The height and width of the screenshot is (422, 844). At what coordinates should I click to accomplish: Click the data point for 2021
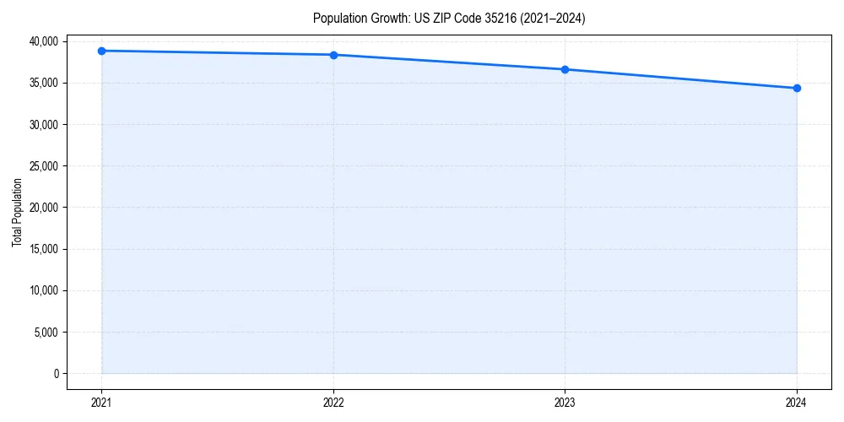coord(101,51)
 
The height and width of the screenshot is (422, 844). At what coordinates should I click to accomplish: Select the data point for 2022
coord(333,55)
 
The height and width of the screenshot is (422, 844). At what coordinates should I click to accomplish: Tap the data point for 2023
coord(565,69)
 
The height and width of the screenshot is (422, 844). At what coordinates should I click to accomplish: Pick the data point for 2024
coord(797,88)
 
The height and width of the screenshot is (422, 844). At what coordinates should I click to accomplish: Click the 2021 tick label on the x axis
coord(101,403)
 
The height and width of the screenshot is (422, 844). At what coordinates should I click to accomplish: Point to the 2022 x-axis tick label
coord(333,403)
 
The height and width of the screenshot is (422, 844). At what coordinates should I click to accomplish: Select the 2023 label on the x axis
coord(565,403)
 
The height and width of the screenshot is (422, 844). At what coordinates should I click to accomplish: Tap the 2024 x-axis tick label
coord(797,403)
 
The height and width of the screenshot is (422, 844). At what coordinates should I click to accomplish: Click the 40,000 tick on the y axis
coord(42,41)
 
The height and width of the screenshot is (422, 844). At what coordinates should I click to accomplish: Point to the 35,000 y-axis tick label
coord(42,83)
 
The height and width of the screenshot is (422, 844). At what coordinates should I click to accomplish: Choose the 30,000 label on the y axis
coord(42,124)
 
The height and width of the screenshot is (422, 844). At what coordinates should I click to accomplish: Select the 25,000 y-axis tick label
coord(42,165)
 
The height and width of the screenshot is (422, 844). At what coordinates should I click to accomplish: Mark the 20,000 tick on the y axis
coord(42,208)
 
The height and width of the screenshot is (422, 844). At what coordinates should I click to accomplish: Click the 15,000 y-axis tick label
coord(42,249)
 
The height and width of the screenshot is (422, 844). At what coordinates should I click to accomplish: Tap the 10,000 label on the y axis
coord(42,290)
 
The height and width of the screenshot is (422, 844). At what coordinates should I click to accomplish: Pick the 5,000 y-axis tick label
coord(46,332)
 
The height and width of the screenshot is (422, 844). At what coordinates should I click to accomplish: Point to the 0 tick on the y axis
coord(56,373)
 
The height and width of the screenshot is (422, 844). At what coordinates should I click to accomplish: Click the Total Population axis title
coord(17,212)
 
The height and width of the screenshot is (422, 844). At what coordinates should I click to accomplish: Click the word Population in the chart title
coord(338,18)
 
